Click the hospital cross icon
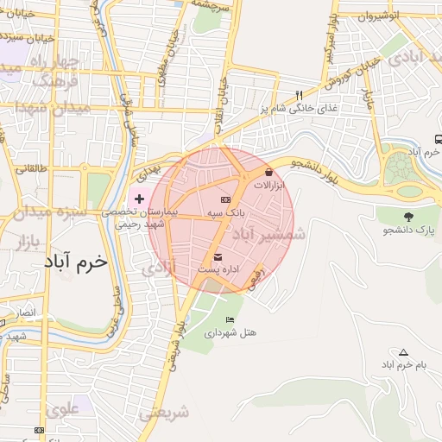[140, 199]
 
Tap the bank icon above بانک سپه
[227, 199]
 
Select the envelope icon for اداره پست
[217, 257]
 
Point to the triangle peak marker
[403, 352]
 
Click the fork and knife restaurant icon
[300, 95]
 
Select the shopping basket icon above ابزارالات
[268, 172]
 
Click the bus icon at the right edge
[439, 139]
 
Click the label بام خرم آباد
[401, 366]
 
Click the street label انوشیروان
[402, 16]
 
